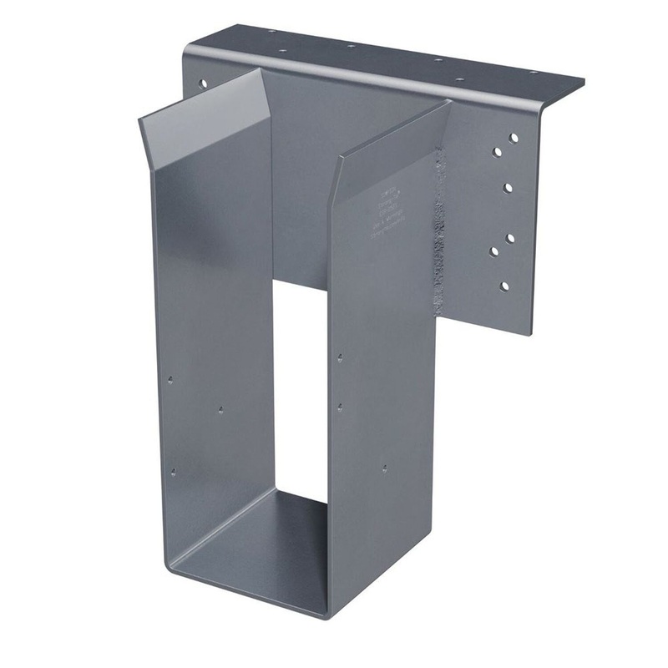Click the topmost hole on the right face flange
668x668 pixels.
click(x=514, y=137)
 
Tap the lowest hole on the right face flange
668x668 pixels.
click(x=504, y=286)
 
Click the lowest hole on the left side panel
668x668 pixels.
click(x=173, y=473)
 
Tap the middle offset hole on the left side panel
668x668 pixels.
click(x=220, y=410)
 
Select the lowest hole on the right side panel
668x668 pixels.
click(x=383, y=468)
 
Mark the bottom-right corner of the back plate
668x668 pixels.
click(x=529, y=333)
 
